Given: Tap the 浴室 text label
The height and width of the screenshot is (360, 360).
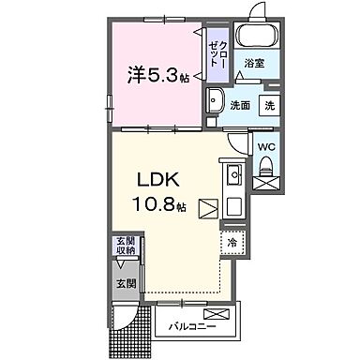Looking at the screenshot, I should pyautogui.click(x=253, y=63).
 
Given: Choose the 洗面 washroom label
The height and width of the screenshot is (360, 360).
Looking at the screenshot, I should pyautogui.click(x=241, y=105).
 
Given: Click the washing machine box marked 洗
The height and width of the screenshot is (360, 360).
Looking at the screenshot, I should pyautogui.click(x=269, y=105).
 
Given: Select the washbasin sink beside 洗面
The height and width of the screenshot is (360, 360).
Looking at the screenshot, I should pyautogui.click(x=216, y=100).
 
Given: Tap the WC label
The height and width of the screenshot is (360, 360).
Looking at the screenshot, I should pyautogui.click(x=264, y=145).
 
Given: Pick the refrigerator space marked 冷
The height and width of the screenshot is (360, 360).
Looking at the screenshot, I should pyautogui.click(x=232, y=242).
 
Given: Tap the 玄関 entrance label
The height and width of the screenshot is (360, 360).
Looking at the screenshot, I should pyautogui.click(x=125, y=281).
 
